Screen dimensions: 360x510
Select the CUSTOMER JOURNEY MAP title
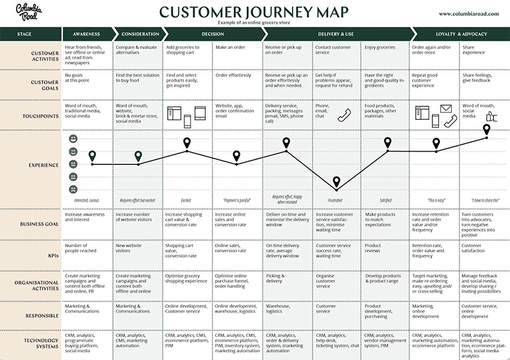tap(254, 11)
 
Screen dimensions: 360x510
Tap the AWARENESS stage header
tap(87, 34)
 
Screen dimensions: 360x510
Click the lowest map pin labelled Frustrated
tap(336, 184)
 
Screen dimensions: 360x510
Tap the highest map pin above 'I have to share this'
tap(486, 129)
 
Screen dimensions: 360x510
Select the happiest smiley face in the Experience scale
tap(73, 139)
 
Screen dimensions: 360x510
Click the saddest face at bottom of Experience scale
tap(73, 189)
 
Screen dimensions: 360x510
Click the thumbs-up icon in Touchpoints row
tap(492, 116)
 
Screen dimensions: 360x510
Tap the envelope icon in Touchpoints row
tap(444, 109)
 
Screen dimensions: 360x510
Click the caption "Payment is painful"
tap(237, 200)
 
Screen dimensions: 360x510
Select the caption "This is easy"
tap(435, 200)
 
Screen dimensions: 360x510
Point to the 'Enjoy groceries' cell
tap(380, 48)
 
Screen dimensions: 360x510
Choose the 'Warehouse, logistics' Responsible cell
tap(280, 309)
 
